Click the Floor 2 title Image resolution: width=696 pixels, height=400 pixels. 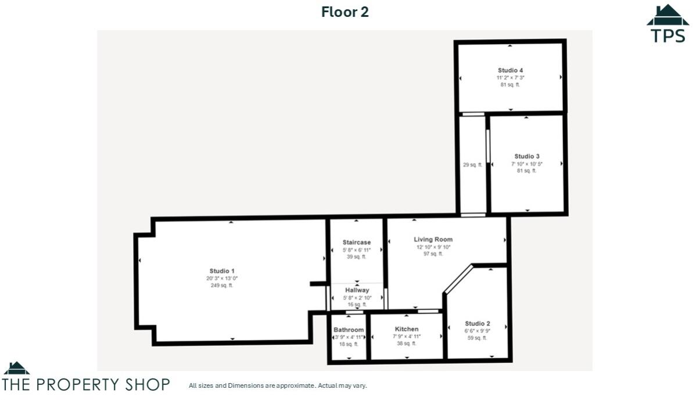point(345,12)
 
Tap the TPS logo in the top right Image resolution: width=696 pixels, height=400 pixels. point(668,24)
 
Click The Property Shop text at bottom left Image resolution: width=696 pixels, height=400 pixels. point(87,384)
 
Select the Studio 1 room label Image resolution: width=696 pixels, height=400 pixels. point(222,271)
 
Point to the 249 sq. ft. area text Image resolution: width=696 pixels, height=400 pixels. point(222,285)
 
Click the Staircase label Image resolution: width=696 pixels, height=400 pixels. point(356,242)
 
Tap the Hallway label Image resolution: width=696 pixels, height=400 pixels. point(357,290)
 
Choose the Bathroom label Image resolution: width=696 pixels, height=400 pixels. point(349,330)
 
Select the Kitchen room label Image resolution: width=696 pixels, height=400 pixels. point(407,329)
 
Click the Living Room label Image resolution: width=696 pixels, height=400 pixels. point(433,239)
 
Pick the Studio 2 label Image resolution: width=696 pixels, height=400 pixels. point(477,323)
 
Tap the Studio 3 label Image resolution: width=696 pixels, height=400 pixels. point(527,156)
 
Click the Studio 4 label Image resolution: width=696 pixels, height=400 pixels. point(510,70)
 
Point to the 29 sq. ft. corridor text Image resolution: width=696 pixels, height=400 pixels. point(472,165)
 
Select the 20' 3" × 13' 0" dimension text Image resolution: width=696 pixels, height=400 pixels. point(222,278)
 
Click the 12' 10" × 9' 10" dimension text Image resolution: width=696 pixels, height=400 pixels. point(433,247)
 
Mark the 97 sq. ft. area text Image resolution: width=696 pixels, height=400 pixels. point(433,254)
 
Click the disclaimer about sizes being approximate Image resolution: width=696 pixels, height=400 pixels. point(278,385)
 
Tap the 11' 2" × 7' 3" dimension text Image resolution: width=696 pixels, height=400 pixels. point(510,77)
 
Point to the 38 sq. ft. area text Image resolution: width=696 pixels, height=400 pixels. point(407,343)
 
